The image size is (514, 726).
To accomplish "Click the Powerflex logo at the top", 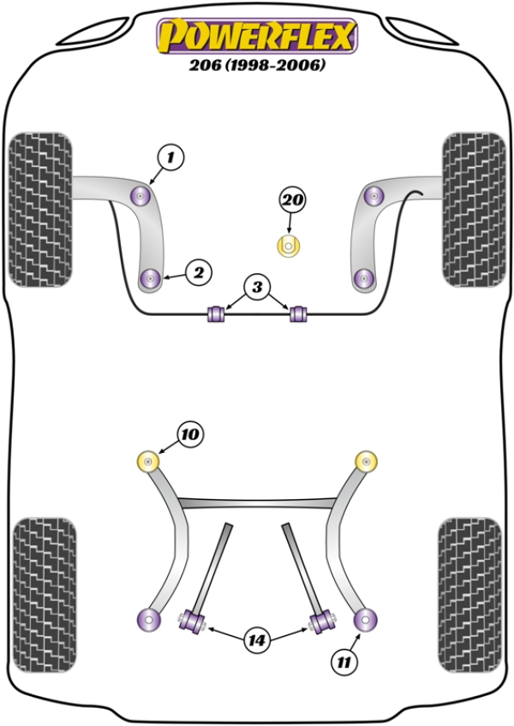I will (255, 35).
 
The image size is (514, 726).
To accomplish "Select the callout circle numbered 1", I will (170, 158).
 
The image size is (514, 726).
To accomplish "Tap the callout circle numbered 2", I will (198, 273).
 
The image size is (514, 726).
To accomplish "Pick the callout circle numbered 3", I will (258, 287).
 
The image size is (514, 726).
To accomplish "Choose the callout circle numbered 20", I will (291, 200).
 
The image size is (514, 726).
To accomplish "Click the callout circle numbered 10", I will (189, 435).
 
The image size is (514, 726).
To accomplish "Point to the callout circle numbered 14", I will (255, 639).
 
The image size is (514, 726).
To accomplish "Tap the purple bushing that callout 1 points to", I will (140, 196).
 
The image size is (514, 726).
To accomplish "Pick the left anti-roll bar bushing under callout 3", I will (217, 313).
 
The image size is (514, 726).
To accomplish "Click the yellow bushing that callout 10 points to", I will (150, 462).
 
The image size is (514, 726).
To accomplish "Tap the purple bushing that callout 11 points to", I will (367, 617).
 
